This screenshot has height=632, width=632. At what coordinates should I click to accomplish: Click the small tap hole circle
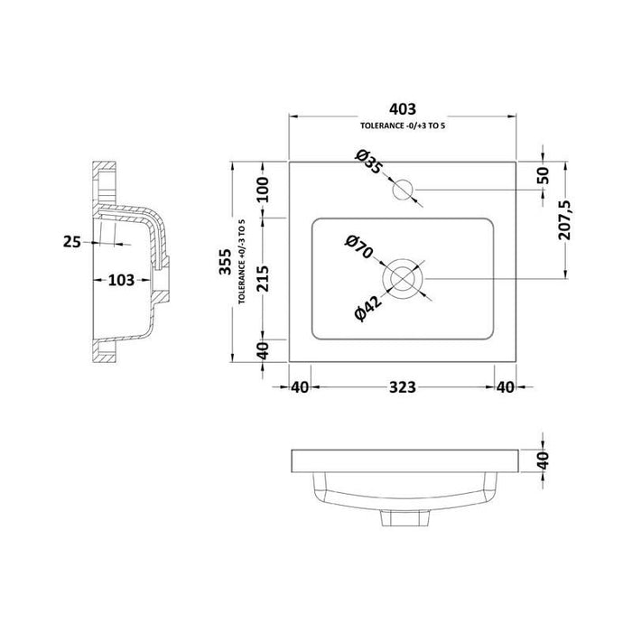pos(403,191)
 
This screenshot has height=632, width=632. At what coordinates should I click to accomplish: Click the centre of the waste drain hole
pos(403,277)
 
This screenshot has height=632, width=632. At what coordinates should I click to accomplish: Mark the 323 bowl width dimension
pos(403,388)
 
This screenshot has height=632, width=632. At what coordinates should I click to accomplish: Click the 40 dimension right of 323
pos(506,388)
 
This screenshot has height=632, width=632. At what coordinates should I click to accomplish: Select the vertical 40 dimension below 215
pos(262,349)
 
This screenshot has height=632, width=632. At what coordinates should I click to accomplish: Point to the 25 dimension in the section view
pos(76,241)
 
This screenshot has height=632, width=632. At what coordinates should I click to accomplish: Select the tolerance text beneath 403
pos(403,125)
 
